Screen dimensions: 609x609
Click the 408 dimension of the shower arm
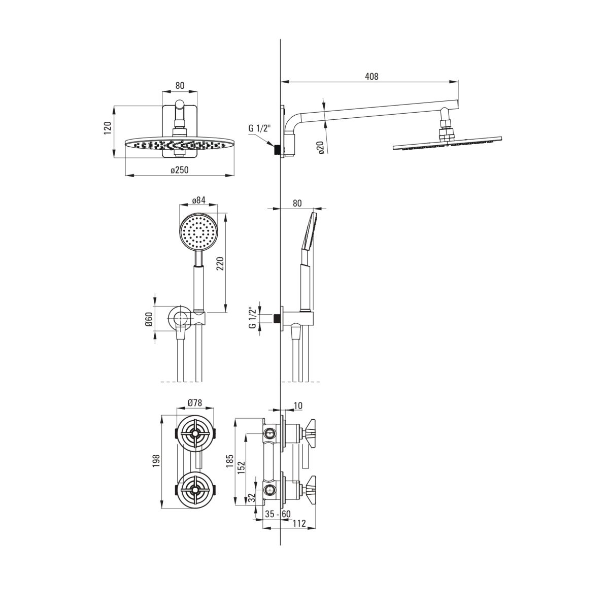(371, 76)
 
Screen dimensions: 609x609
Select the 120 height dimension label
(108, 128)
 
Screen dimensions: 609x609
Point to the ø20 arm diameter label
(321, 148)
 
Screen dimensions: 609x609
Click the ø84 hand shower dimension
(199, 200)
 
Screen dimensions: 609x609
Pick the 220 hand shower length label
(221, 264)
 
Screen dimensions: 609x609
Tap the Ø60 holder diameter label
(149, 320)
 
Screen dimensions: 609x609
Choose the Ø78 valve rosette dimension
(195, 402)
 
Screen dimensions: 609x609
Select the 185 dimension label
(230, 461)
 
